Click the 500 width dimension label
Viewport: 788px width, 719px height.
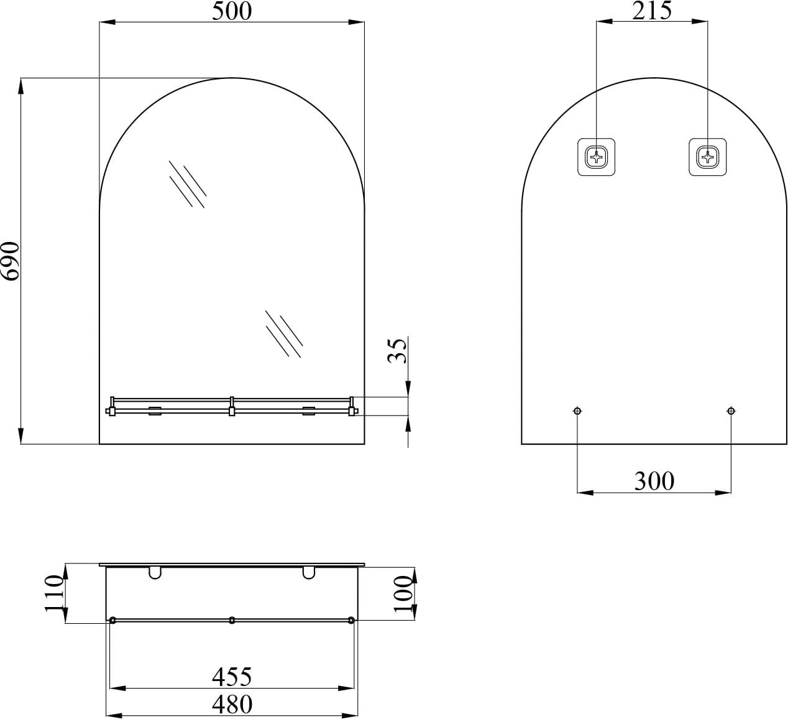[x=232, y=11]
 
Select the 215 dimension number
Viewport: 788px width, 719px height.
[x=652, y=11]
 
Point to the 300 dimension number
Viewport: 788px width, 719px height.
[x=654, y=481]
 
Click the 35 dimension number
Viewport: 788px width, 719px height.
[x=397, y=350]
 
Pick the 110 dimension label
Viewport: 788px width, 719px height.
[x=54, y=593]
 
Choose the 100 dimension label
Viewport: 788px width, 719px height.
[x=403, y=594]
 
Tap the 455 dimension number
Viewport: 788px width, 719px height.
[x=232, y=677]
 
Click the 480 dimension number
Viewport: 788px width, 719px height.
[x=232, y=704]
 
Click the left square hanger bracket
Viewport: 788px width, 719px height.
[x=597, y=157]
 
